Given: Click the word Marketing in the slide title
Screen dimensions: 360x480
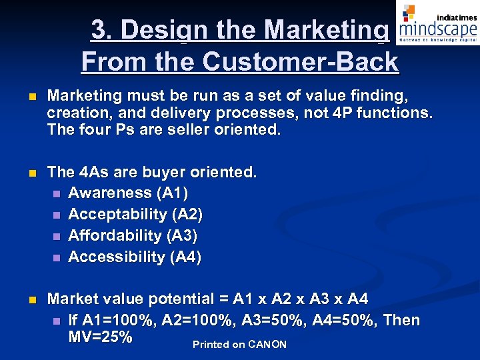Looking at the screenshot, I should (x=326, y=30).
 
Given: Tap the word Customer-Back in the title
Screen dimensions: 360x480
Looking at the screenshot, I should (x=300, y=62).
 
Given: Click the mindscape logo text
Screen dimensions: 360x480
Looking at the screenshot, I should (x=437, y=29).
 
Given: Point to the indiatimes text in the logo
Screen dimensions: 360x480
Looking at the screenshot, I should (x=456, y=17).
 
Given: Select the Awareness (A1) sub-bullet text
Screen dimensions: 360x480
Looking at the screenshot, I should (x=128, y=193).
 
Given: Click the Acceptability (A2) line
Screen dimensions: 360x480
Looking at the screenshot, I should (x=135, y=214).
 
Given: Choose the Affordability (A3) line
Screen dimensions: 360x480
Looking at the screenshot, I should (x=133, y=235).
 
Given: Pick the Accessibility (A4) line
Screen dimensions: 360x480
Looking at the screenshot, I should (x=135, y=257).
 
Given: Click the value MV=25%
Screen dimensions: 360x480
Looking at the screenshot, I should (x=100, y=337).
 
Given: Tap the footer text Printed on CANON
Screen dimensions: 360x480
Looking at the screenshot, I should (x=239, y=345).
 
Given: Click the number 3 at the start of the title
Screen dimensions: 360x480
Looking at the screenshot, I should (x=99, y=30).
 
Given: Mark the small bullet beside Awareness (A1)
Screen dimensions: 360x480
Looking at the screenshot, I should (x=57, y=193).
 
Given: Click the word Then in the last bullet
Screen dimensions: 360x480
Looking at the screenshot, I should (x=402, y=320).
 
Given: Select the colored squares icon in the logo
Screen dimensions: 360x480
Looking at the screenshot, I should (x=409, y=12).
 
